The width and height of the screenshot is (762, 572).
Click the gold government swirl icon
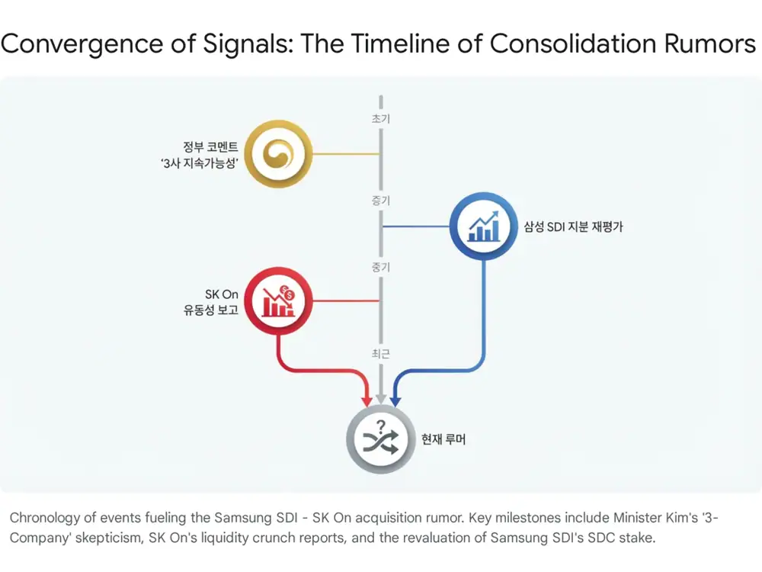click(x=278, y=154)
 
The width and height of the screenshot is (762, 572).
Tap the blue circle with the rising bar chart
click(x=484, y=227)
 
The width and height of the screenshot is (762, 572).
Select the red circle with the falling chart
click(x=278, y=301)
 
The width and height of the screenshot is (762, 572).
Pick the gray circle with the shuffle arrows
click(x=381, y=439)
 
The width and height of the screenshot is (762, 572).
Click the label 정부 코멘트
click(x=210, y=146)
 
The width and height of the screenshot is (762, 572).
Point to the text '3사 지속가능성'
click(x=199, y=163)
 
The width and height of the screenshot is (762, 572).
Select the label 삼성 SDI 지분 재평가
click(x=573, y=227)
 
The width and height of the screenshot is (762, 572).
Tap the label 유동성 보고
click(x=211, y=310)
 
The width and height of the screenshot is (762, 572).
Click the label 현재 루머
click(x=443, y=439)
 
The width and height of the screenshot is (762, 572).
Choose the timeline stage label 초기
click(x=381, y=119)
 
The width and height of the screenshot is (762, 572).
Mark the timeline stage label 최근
click(x=381, y=354)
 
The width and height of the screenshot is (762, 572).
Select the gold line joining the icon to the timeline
click(x=345, y=154)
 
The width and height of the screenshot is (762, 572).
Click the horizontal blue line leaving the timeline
click(x=417, y=227)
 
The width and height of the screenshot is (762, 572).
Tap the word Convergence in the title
click(x=82, y=43)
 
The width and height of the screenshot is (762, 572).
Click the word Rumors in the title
click(x=709, y=43)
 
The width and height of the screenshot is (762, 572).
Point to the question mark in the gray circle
click(x=381, y=426)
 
